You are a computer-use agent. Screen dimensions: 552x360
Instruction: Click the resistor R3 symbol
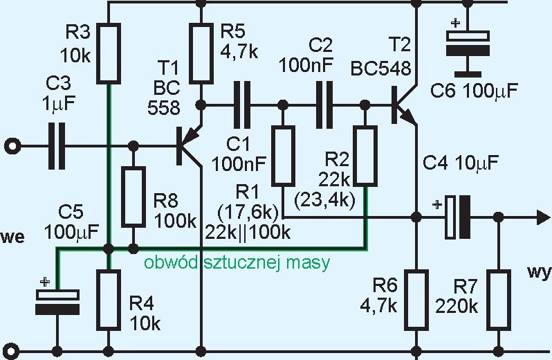(109, 53)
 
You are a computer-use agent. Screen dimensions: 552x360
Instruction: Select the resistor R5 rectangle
(201, 53)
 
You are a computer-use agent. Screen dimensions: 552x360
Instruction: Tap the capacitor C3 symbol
(57, 146)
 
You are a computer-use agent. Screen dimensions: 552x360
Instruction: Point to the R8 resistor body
(134, 197)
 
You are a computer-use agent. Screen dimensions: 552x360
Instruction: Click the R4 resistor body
(109, 300)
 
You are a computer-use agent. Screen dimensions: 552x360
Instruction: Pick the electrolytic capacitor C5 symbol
(57, 302)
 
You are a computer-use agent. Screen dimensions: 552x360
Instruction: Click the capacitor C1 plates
(242, 105)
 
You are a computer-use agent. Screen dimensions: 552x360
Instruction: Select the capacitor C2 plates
(324, 105)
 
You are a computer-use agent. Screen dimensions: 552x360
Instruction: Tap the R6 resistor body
(416, 300)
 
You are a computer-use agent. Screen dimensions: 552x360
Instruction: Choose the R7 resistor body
(499, 300)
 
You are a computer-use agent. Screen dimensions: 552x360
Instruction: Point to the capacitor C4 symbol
(458, 217)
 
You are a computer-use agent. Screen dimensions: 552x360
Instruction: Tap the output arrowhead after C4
(543, 217)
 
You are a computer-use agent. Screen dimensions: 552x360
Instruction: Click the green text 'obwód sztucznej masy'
(237, 263)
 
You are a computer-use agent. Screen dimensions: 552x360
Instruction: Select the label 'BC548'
(381, 69)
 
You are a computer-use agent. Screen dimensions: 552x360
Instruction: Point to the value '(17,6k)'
(248, 213)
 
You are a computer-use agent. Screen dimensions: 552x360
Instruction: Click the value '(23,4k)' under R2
(324, 200)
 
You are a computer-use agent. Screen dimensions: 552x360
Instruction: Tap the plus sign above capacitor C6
(456, 24)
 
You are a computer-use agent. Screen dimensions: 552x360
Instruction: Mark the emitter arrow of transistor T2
(410, 118)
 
